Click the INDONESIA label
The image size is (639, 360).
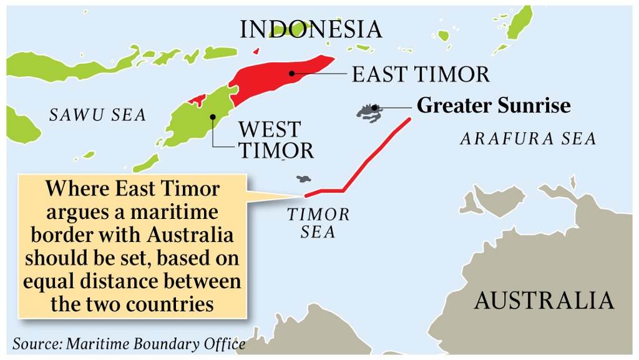(311, 29)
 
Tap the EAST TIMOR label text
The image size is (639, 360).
(421, 74)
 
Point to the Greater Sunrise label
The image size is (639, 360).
(494, 105)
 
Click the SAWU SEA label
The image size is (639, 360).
(97, 115)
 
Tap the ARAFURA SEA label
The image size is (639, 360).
(528, 139)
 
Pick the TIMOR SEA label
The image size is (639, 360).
(318, 223)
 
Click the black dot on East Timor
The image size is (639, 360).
(291, 74)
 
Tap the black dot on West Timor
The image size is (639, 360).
(213, 116)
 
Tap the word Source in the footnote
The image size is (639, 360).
(35, 344)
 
